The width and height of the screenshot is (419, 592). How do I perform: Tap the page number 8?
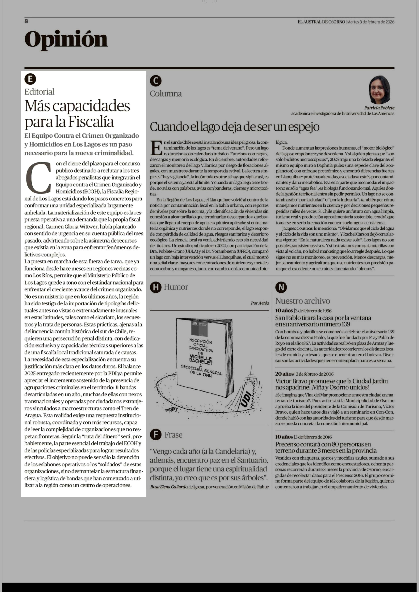tap(26, 21)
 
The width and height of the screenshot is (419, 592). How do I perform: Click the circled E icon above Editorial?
tap(30, 79)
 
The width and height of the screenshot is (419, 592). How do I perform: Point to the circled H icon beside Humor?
tap(156, 287)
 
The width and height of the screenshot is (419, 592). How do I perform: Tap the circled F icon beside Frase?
tap(156, 435)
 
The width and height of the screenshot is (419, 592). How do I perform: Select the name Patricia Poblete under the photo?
tap(379, 108)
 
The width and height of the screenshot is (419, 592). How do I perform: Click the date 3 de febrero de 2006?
tap(314, 374)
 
